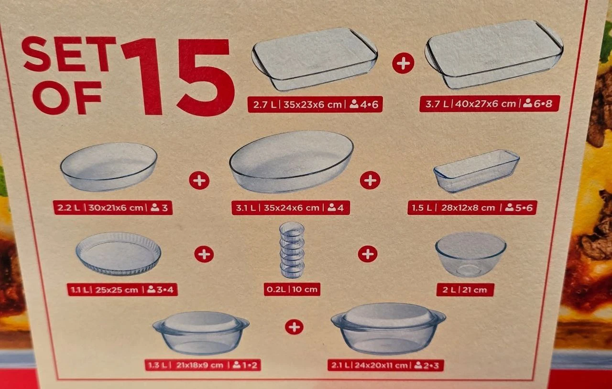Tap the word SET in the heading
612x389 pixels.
coord(69,54)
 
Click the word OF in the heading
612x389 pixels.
coord(67,97)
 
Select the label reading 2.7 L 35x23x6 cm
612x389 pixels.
coord(315,104)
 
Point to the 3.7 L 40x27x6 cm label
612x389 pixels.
coord(489,104)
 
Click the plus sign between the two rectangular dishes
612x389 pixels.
coord(403,63)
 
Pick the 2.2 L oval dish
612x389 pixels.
coord(109,167)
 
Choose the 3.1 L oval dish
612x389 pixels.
coord(292,162)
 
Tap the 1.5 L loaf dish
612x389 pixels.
coord(476,171)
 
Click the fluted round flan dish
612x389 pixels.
coord(118,253)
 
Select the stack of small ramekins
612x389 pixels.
coord(292,250)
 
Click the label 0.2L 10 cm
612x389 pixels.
coord(292,289)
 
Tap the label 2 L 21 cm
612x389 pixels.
coord(465,290)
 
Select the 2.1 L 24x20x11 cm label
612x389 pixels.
coord(385,365)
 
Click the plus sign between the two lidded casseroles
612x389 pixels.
coord(294,327)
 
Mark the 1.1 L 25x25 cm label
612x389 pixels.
coord(122,289)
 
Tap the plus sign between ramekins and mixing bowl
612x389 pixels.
coord(368,254)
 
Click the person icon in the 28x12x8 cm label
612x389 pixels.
coord(509,207)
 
